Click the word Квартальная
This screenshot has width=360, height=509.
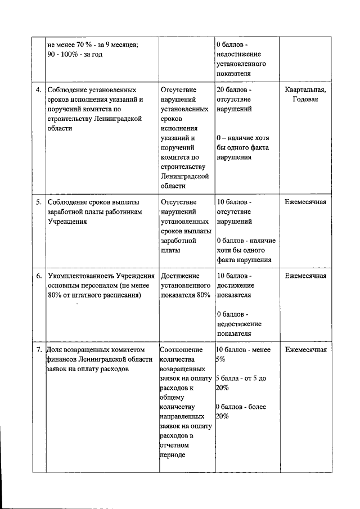[x=305, y=90]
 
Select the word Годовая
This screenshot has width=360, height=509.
[x=305, y=100]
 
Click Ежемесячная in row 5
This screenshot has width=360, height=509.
[x=305, y=201]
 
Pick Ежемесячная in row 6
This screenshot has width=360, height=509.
[x=305, y=276]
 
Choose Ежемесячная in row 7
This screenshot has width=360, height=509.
[x=305, y=350]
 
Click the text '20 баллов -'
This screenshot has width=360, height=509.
[x=235, y=90]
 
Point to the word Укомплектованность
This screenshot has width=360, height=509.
[x=82, y=276]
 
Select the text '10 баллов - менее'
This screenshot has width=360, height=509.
[x=243, y=350]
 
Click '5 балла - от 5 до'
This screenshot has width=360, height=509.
[x=241, y=379]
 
